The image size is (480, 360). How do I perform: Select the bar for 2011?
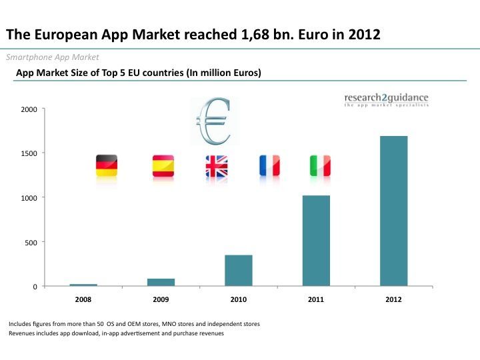pyautogui.click(x=316, y=241)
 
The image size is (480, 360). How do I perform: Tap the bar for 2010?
pyautogui.click(x=239, y=270)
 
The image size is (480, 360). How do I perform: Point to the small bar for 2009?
pyautogui.click(x=161, y=282)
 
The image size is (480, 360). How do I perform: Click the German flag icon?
pyautogui.click(x=107, y=165)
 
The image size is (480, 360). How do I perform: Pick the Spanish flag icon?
pyautogui.click(x=163, y=165)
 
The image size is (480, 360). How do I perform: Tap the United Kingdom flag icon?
pyautogui.click(x=217, y=166)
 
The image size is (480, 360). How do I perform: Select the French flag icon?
pyautogui.click(x=269, y=165)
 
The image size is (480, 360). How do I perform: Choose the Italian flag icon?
pyautogui.click(x=319, y=165)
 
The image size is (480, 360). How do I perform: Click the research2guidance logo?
pyautogui.click(x=386, y=101)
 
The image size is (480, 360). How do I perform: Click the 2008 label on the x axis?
pyautogui.click(x=83, y=299)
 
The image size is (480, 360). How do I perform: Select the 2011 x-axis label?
pyautogui.click(x=316, y=299)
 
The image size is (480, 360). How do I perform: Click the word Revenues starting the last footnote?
pyautogui.click(x=24, y=333)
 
